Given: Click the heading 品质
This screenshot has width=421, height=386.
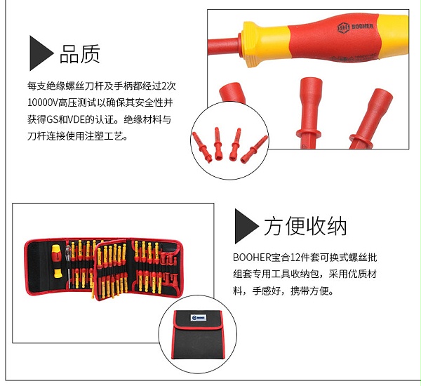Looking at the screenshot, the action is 80,54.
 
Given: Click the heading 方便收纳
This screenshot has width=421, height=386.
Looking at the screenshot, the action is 305,226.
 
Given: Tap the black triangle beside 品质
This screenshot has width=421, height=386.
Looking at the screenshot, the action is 41,53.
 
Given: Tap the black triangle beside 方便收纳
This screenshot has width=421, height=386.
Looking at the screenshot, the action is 246,226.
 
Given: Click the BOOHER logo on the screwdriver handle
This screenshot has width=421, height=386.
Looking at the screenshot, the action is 355,27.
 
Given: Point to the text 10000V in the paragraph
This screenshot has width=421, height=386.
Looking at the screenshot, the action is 42,102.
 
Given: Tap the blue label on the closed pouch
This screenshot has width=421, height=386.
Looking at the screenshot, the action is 198,318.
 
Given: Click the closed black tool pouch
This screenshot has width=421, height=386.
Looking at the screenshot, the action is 198,335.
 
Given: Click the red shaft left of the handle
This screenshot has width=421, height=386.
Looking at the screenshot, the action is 223,46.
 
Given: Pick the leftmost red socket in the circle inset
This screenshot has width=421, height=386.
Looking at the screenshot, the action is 202,147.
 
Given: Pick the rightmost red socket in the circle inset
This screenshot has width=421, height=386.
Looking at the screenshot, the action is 254,149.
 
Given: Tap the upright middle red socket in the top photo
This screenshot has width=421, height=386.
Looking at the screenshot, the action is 309,113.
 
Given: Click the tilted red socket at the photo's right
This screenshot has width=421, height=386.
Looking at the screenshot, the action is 372,119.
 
